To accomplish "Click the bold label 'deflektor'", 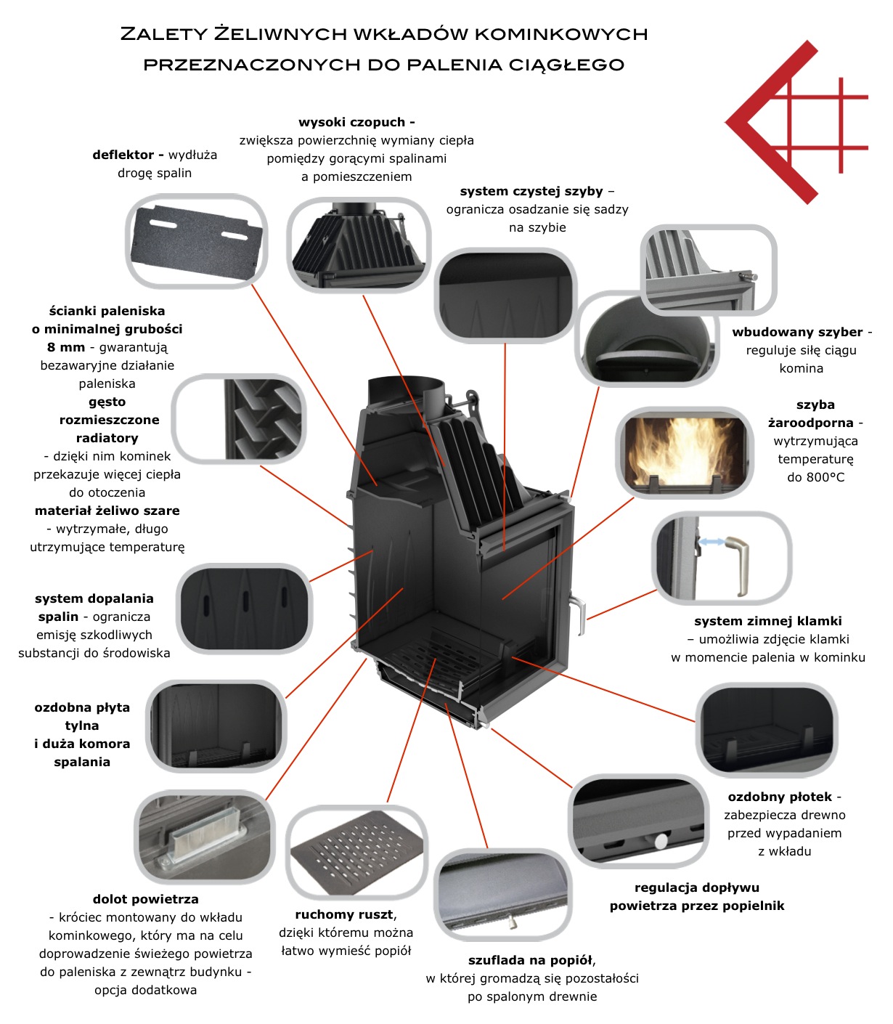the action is (123, 155).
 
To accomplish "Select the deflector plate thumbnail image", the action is (196, 240).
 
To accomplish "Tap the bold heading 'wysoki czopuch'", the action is (351, 122).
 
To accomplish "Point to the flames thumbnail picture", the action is (684, 452).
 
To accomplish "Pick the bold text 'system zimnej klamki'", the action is (768, 621).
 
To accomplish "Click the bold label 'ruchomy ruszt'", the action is (344, 914).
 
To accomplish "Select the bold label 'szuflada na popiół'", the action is (530, 960).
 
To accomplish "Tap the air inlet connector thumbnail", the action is (205, 837).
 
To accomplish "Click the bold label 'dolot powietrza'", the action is (146, 899).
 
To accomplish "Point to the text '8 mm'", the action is (66, 347).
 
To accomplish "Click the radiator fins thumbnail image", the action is (239, 419).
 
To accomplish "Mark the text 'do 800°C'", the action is (815, 477).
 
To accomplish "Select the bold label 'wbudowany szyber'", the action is (797, 332).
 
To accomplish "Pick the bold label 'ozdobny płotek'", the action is (780, 796).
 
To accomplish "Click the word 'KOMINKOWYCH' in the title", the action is (560, 34).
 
